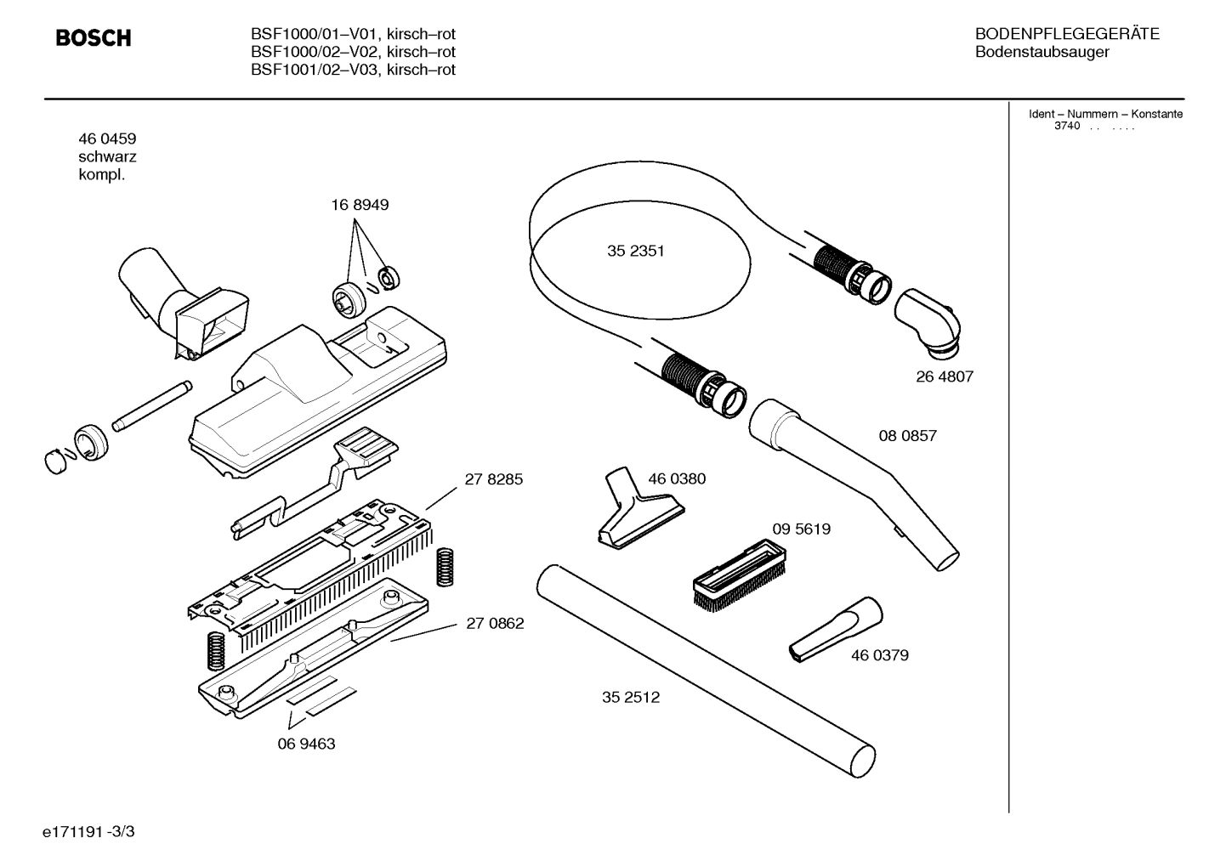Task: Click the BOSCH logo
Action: (x=94, y=39)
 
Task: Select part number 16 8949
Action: (x=360, y=205)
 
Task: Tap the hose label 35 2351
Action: (x=636, y=252)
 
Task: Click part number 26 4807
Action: (x=944, y=376)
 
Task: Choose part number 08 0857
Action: (x=907, y=436)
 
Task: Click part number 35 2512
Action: (x=630, y=698)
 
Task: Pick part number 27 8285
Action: (x=494, y=479)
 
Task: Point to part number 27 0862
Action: (x=495, y=623)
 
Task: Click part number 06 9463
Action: (x=306, y=744)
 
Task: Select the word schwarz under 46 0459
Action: (x=107, y=157)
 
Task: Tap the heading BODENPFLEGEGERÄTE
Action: (x=1066, y=35)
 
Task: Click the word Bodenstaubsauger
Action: (x=1042, y=53)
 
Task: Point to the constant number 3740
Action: (x=1066, y=127)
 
